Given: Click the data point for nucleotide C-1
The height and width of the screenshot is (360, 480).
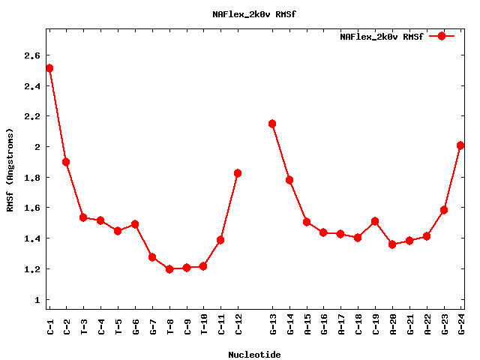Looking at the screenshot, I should click(x=49, y=68).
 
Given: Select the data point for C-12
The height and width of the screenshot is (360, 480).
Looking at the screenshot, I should click(x=238, y=173).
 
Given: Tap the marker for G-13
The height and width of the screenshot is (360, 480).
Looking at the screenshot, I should click(x=272, y=124).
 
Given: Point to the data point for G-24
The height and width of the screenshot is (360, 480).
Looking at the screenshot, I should click(x=460, y=145).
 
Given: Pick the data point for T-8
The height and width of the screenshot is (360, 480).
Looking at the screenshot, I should click(x=169, y=269).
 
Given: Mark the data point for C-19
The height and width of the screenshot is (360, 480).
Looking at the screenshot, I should click(x=375, y=221).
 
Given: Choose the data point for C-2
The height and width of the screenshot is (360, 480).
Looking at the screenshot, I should click(x=66, y=162).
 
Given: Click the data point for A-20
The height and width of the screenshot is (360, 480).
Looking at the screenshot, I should click(x=392, y=244).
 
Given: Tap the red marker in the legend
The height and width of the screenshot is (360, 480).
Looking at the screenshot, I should click(x=442, y=36).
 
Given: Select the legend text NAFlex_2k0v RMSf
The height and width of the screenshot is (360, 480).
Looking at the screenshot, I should click(x=381, y=36).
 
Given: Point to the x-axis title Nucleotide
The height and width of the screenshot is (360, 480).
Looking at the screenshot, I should click(x=254, y=355).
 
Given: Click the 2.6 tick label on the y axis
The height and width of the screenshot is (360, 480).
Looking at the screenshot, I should click(x=31, y=55).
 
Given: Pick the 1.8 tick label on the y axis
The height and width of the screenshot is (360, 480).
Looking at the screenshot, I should click(x=31, y=178).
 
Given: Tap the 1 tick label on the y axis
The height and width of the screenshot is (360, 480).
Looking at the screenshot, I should click(x=37, y=300).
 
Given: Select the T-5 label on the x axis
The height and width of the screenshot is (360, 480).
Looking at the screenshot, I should click(x=118, y=323).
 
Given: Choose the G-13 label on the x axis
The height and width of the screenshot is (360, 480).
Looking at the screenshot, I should click(x=273, y=323).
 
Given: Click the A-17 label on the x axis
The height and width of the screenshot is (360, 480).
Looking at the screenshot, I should click(x=341, y=323).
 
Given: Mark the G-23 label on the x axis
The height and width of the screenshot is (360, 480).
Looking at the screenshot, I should click(x=444, y=323).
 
